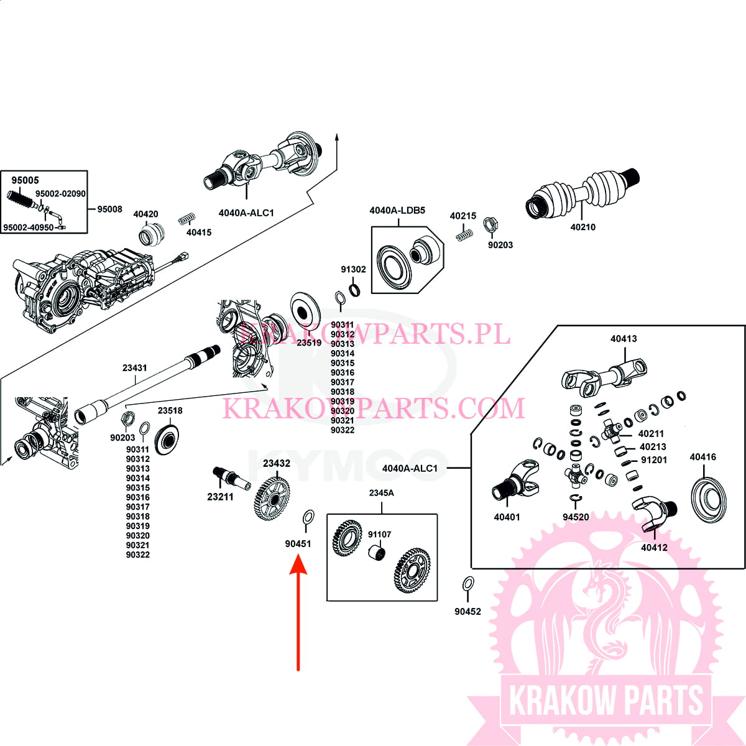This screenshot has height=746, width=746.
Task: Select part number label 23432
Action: [x=276, y=463]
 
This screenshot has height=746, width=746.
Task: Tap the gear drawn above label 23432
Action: [x=272, y=497]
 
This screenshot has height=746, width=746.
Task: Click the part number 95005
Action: [x=25, y=180]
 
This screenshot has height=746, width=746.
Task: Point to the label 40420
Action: [x=145, y=214]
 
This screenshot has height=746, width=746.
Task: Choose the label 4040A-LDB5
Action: [x=397, y=211]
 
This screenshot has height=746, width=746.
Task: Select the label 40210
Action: [x=583, y=228]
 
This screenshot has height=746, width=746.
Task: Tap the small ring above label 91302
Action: [x=354, y=290]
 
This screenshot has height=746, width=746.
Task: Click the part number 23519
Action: [x=309, y=343]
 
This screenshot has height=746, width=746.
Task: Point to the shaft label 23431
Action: [x=135, y=368]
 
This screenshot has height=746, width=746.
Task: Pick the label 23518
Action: [x=170, y=411]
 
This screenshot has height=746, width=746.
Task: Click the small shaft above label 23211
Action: [x=230, y=477]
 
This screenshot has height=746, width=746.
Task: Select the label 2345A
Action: [x=381, y=493]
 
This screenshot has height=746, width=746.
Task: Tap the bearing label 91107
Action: [x=379, y=535]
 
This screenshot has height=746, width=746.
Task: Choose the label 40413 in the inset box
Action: [x=624, y=339]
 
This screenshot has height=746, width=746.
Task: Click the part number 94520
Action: [x=575, y=517]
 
